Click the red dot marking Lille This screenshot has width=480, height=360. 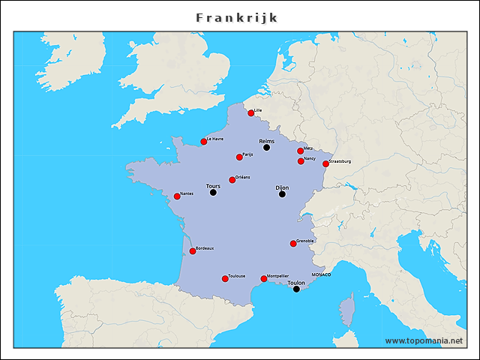click(x=251, y=113)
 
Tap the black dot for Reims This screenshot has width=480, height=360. click(x=266, y=148)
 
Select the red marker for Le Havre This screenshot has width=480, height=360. click(x=203, y=141)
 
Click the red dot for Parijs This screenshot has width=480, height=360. click(x=239, y=157)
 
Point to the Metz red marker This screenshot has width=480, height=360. click(x=301, y=151)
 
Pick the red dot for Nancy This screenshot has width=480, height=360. click(x=301, y=161)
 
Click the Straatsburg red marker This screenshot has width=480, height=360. click(x=325, y=163)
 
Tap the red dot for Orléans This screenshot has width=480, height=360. click(x=232, y=180)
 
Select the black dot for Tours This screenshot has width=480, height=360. click(x=213, y=193)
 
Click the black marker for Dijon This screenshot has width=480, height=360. click(x=282, y=194)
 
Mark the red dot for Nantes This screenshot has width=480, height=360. click(x=177, y=196)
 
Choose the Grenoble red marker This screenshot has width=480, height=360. click(x=293, y=244)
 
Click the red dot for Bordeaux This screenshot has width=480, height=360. click(x=192, y=251)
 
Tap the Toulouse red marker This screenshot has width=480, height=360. click(x=225, y=279)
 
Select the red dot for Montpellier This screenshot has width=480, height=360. click(x=263, y=279)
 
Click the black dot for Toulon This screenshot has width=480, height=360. click(x=296, y=289)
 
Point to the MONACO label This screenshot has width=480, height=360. click(x=320, y=275)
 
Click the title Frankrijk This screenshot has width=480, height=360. click(x=237, y=16)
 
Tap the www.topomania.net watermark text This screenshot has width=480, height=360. click(x=423, y=340)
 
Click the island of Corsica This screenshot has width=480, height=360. click(x=346, y=310)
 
